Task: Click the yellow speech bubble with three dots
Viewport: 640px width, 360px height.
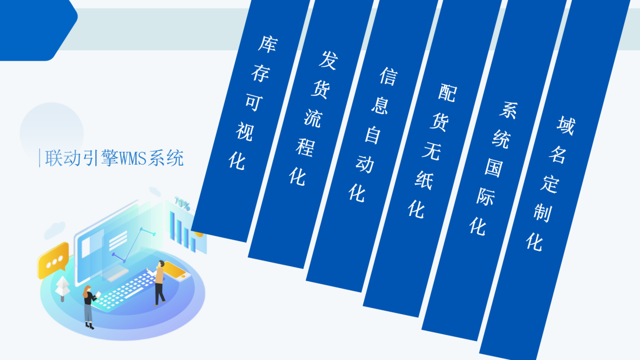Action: pos(53,260)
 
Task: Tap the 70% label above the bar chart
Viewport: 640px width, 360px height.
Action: pos(182,205)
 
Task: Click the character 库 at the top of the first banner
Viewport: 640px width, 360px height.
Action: pos(266,44)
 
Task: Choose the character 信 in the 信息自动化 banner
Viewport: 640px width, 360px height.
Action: pos(387,76)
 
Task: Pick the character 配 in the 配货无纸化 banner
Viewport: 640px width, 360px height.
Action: pos(447,93)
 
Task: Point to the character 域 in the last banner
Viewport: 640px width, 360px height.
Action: pos(565,126)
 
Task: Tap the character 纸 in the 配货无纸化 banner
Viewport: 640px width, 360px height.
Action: pos(423,180)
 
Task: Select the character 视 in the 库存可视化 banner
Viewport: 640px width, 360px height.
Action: pos(244,132)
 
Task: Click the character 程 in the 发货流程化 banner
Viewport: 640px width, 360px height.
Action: pos(304,147)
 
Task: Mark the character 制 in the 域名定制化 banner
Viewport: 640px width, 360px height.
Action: pos(542,212)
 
